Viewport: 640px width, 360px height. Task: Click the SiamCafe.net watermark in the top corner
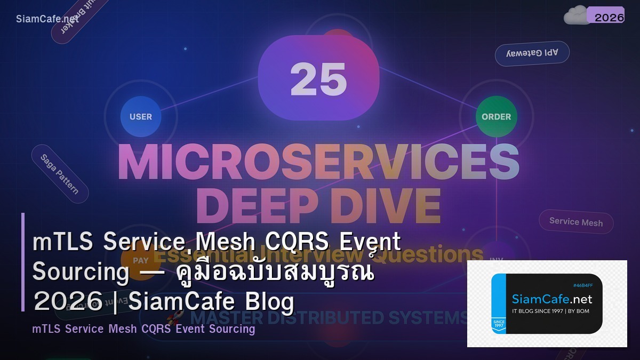tap(47, 19)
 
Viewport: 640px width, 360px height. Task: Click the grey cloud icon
tap(575, 16)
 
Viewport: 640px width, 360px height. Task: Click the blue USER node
tap(141, 117)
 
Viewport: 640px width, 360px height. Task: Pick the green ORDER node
tap(496, 117)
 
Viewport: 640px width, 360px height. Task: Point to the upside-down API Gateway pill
tap(532, 53)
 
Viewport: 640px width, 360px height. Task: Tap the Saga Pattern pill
tap(59, 173)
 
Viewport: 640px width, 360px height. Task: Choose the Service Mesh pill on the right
tap(576, 222)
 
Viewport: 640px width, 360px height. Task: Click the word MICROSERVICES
tap(318, 161)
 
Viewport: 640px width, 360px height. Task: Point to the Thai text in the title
tap(275, 273)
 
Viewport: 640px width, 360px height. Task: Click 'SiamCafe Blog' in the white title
tap(211, 302)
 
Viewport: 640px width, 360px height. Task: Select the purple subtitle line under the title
tap(143, 329)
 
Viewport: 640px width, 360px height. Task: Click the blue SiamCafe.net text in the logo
tap(551, 299)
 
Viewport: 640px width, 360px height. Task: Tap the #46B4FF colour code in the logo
tap(583, 285)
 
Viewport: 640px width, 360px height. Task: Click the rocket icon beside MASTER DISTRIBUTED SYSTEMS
tap(174, 318)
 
